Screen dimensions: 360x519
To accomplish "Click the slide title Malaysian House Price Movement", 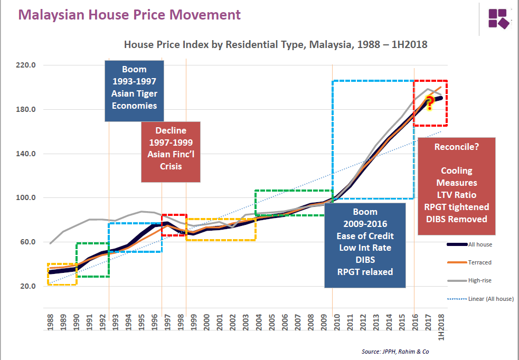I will tap(129, 15).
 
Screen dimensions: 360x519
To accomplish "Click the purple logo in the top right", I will tap(498, 18).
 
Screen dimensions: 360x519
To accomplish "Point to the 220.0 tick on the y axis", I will tap(26, 65).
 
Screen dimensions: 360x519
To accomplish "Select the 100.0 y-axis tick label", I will tap(26, 198).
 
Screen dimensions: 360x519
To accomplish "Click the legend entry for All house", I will tap(481, 244).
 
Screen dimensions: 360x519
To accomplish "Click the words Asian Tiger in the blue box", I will tap(134, 94).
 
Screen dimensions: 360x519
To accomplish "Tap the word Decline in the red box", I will tap(171, 131).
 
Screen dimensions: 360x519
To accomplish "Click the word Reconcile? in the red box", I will tap(457, 147).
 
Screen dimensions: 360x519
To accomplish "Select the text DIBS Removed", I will tap(457, 219).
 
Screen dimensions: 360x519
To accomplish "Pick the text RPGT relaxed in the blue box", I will tap(365, 272).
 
